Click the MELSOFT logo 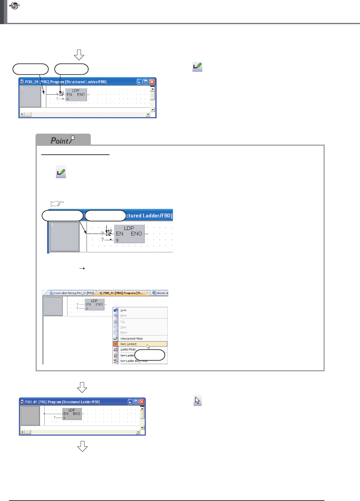(15, 6)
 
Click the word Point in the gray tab (59, 141)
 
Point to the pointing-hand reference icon (57, 203)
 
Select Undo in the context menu (123, 310)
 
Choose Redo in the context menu (123, 315)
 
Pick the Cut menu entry (123, 322)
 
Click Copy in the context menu (123, 327)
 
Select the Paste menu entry (123, 332)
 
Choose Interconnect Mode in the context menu (131, 339)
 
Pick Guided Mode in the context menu (128, 349)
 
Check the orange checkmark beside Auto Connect (116, 344)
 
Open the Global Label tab (161, 293)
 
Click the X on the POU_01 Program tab (147, 293)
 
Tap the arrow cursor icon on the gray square (197, 401)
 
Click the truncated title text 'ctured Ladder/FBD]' (149, 216)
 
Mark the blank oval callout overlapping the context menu (150, 355)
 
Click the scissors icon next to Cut (116, 322)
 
